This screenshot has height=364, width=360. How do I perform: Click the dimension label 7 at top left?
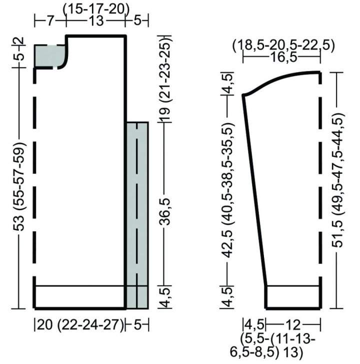(x=50, y=21)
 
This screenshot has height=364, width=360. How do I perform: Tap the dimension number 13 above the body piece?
(x=95, y=21)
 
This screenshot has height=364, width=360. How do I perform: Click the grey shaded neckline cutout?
(x=50, y=57)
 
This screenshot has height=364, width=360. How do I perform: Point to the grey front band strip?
(x=137, y=215)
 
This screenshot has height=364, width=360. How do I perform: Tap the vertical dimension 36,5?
(x=165, y=212)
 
